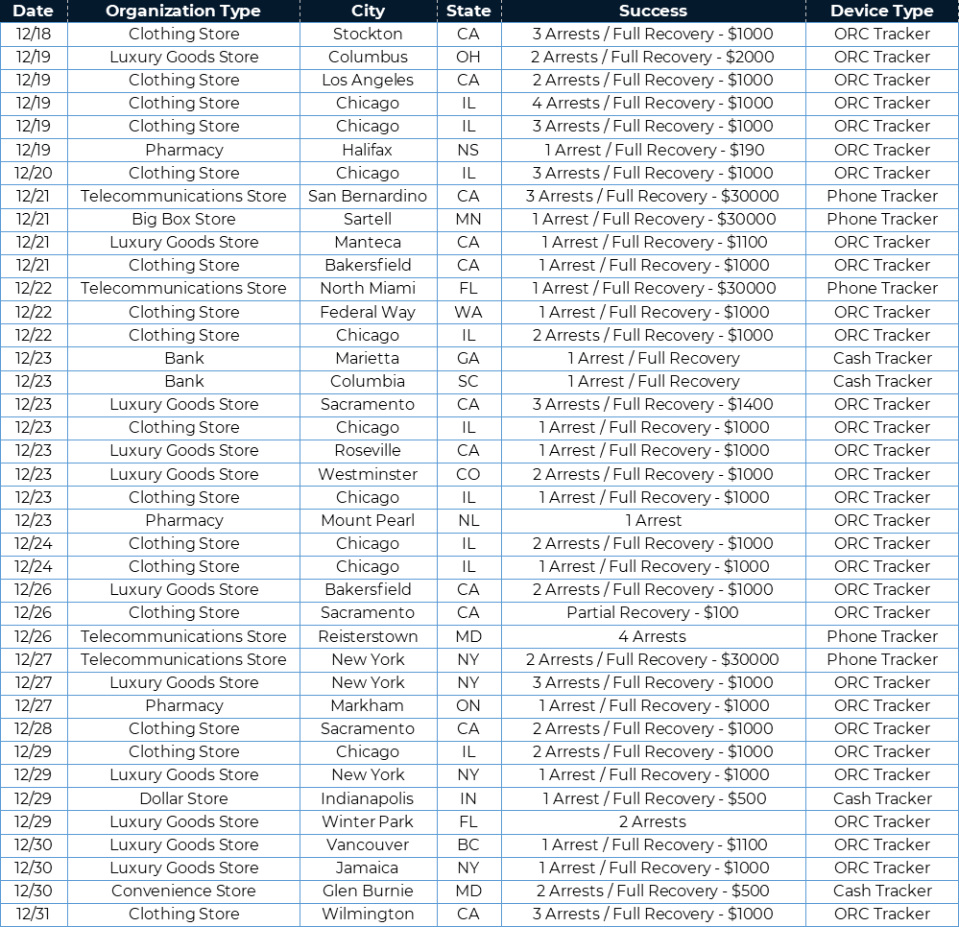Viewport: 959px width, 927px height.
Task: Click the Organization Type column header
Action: coord(183,12)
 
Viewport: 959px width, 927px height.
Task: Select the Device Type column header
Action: coord(881,12)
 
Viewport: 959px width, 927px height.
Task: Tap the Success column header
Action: coord(653,12)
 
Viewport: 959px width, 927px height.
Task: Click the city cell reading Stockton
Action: coord(368,34)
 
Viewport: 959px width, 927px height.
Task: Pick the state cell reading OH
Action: coord(468,57)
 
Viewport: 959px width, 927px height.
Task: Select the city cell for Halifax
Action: coord(368,150)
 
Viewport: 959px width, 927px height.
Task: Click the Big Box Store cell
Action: coord(183,219)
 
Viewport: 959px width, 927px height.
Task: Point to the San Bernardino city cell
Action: coord(368,196)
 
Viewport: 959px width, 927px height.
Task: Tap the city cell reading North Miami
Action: coord(368,288)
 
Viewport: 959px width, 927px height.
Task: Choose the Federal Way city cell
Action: coord(368,312)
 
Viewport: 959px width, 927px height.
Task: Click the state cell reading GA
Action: coord(468,358)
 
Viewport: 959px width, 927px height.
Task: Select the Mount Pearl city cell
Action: coord(368,520)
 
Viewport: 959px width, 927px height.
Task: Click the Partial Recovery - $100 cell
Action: coord(653,612)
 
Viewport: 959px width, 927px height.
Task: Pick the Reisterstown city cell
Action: coord(368,636)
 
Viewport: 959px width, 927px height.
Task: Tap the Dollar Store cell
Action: coord(183,798)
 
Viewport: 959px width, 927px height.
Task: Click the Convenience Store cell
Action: coord(183,891)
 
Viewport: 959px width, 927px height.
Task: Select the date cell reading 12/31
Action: coord(34,914)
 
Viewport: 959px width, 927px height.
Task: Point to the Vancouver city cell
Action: coord(368,844)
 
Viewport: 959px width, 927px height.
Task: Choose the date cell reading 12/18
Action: coord(34,34)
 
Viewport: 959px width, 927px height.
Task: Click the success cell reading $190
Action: coord(653,150)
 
